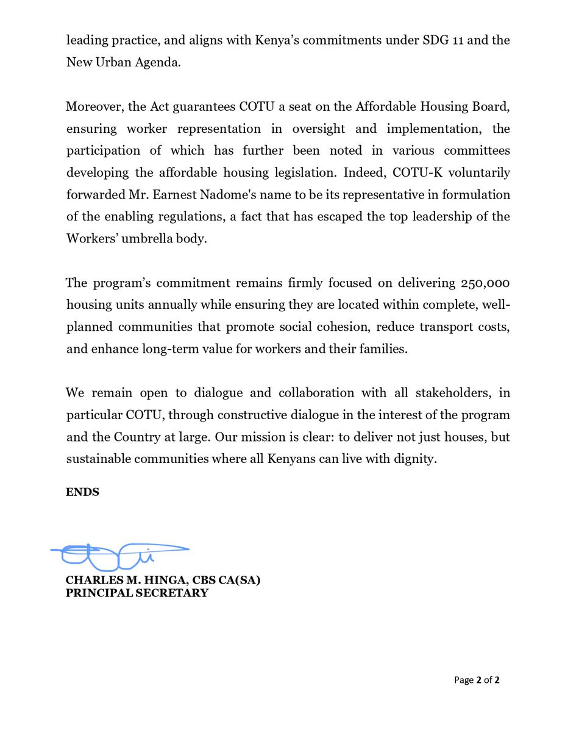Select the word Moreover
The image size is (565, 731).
(94, 107)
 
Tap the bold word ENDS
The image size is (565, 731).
(82, 492)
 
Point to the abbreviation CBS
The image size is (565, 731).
(209, 581)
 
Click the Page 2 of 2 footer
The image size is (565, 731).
(477, 680)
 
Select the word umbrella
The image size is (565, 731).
(140, 238)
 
